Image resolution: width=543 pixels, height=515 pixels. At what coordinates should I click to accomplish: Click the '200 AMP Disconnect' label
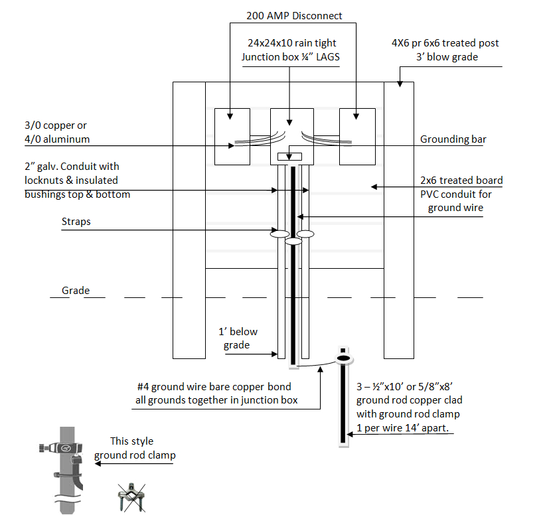coord(294,15)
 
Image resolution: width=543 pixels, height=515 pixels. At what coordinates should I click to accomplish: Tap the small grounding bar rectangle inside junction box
coord(289,157)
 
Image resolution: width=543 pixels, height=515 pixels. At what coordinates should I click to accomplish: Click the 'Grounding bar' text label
coord(453,139)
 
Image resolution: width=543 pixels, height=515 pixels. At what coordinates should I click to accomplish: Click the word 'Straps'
coord(77,222)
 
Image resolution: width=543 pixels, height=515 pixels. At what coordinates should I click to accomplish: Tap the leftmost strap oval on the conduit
coord(279,234)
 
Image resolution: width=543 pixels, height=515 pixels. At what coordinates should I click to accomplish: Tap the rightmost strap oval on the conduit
coord(305,234)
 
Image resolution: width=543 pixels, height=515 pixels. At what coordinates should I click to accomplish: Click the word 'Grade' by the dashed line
coord(76,291)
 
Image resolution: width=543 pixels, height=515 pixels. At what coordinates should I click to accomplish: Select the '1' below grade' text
coord(238,338)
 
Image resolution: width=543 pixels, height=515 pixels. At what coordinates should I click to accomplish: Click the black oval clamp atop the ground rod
coord(343,358)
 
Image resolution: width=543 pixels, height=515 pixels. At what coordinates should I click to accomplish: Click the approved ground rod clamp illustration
coord(62,468)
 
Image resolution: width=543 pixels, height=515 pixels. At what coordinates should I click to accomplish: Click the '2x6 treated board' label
coord(461,181)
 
